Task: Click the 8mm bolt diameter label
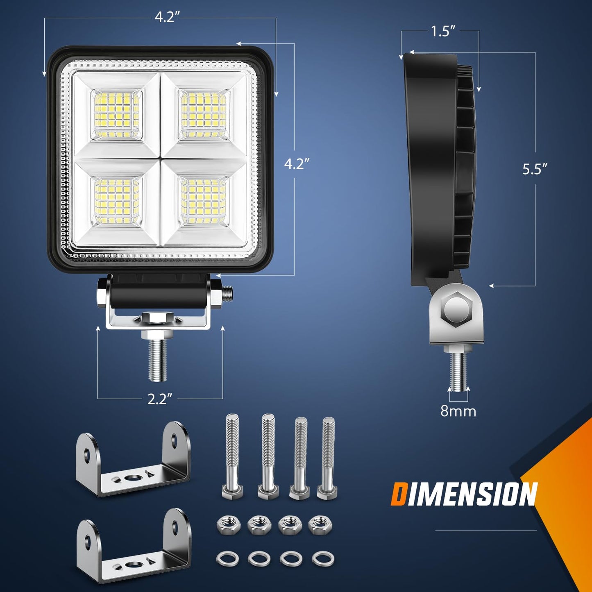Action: pyautogui.click(x=458, y=411)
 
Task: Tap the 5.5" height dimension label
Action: pyautogui.click(x=535, y=169)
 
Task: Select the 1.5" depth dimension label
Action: pyautogui.click(x=443, y=32)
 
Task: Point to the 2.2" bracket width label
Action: pyautogui.click(x=160, y=399)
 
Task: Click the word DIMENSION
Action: pyautogui.click(x=464, y=494)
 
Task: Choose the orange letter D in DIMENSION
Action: pyautogui.click(x=399, y=494)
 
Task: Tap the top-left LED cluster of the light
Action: pyautogui.click(x=117, y=113)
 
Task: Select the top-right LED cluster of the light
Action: pyautogui.click(x=204, y=113)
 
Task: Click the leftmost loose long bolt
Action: pyautogui.click(x=232, y=455)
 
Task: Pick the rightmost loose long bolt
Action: pyautogui.click(x=328, y=457)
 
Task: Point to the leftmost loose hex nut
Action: pyautogui.click(x=226, y=524)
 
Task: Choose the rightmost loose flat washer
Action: pyautogui.click(x=322, y=558)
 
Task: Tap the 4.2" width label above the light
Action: pyautogui.click(x=168, y=17)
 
